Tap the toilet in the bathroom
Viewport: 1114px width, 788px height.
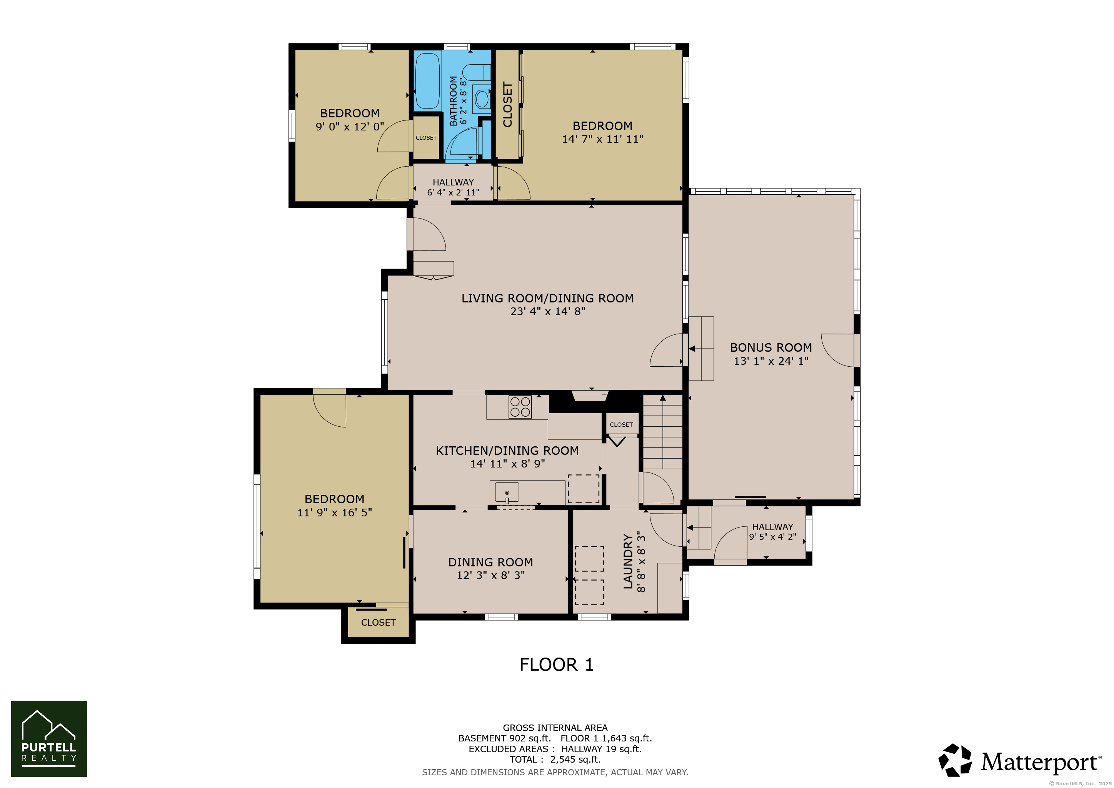(477, 72)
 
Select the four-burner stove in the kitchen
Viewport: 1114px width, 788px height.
(520, 407)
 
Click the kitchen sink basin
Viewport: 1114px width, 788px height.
(507, 492)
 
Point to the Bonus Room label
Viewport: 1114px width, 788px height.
(771, 347)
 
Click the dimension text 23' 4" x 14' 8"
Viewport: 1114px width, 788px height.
(548, 312)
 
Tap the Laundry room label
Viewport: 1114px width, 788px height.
(628, 561)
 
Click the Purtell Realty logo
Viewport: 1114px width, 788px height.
(49, 738)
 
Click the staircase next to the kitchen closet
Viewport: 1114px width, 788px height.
(663, 432)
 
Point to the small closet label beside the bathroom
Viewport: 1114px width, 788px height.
(426, 138)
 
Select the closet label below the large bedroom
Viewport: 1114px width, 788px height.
(379, 623)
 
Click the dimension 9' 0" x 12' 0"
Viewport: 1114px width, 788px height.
(350, 127)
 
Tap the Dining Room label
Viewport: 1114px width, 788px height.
(490, 562)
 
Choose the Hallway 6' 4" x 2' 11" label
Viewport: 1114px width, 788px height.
(453, 187)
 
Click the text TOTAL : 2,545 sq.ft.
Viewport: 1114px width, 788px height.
(555, 760)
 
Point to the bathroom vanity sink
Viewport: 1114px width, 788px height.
(482, 99)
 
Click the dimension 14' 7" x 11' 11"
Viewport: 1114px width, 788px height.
(603, 139)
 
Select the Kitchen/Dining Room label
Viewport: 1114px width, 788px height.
(507, 451)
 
